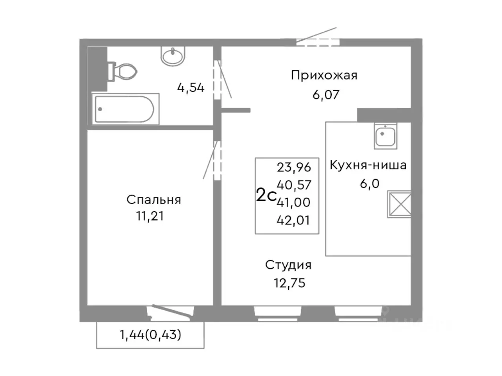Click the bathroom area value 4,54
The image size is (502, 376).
pyautogui.click(x=191, y=88)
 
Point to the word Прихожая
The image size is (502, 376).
pyautogui.click(x=324, y=75)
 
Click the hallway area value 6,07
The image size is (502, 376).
pyautogui.click(x=326, y=95)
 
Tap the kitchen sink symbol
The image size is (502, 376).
pyautogui.click(x=386, y=136)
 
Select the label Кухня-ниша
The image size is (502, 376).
pyautogui.click(x=368, y=165)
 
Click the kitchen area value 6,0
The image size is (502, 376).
pyautogui.click(x=369, y=183)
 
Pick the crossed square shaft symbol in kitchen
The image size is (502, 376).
pyautogui.click(x=399, y=204)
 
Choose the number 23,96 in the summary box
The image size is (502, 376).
pyautogui.click(x=294, y=168)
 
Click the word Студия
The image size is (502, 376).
pyautogui.click(x=288, y=265)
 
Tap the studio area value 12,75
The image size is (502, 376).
pyautogui.click(x=289, y=283)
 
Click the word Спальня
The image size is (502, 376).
pyautogui.click(x=153, y=200)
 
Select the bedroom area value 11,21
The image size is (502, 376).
pyautogui.click(x=150, y=216)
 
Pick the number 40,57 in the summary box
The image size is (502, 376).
pyautogui.click(x=294, y=185)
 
